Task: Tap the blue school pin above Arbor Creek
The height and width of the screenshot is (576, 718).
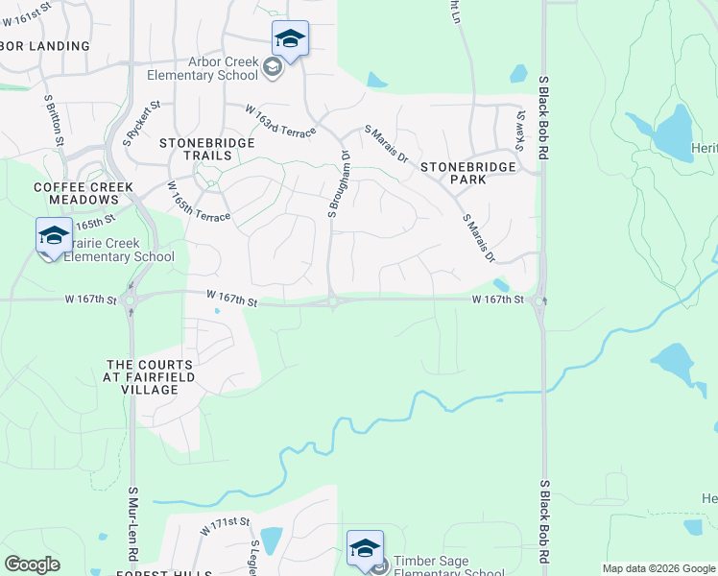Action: point(290,39)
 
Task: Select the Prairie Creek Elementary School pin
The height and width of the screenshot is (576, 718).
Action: point(54,236)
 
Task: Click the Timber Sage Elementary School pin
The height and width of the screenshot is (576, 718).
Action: point(365,549)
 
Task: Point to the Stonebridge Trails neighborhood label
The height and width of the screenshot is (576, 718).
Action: point(196,149)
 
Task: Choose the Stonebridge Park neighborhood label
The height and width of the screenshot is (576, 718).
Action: point(468,173)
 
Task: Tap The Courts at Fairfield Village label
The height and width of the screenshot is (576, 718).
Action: point(150,377)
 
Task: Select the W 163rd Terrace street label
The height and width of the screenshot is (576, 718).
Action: point(279,121)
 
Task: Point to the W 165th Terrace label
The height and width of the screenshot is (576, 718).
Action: point(199,202)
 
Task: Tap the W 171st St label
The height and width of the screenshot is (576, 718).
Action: point(225,525)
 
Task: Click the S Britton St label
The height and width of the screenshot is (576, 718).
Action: point(54,119)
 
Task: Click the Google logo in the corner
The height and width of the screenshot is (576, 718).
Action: point(32,564)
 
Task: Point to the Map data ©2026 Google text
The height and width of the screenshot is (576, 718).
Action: point(658,568)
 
